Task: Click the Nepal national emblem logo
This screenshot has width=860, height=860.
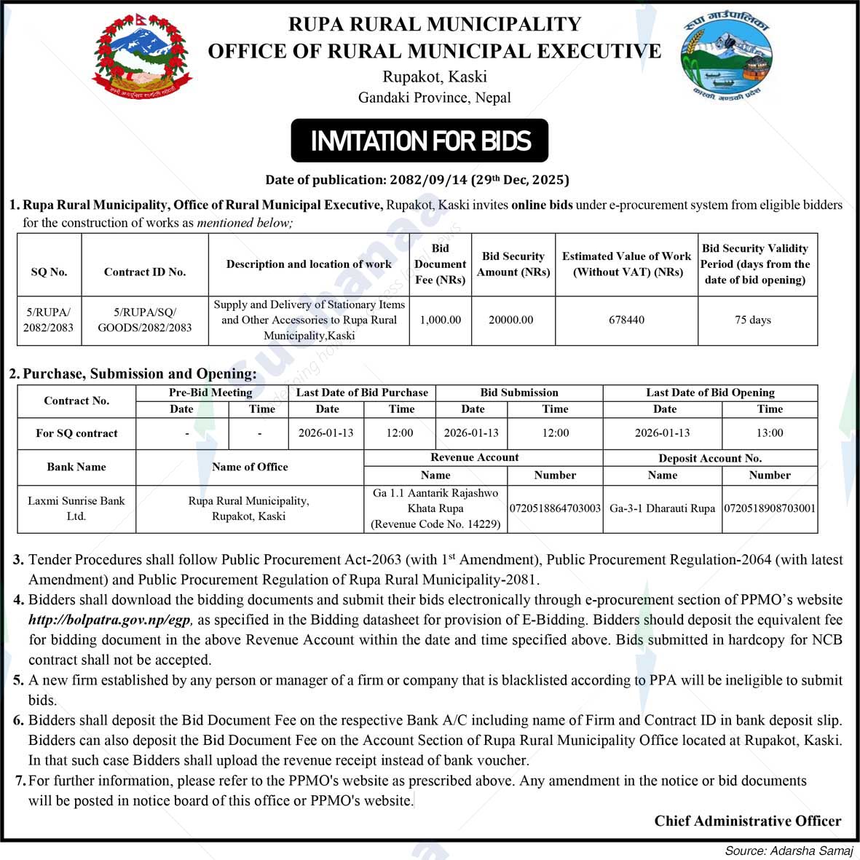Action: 142,57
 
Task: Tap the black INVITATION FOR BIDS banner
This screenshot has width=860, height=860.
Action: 419,141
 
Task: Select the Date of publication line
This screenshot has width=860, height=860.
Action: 417,180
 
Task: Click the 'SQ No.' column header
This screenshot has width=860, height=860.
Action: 49,272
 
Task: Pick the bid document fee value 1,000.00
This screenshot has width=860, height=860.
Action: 440,320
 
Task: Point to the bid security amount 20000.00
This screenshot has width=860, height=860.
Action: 511,320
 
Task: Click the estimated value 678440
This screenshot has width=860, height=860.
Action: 626,320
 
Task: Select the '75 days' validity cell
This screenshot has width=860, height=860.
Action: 753,320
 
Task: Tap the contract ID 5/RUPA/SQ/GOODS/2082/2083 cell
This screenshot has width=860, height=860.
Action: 145,320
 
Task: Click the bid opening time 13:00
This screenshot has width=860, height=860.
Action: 769,433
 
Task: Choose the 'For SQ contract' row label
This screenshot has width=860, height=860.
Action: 76,433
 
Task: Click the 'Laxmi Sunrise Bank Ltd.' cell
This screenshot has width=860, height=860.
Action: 76,508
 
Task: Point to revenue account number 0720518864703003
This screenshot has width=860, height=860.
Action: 555,508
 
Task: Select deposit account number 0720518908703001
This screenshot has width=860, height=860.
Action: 769,508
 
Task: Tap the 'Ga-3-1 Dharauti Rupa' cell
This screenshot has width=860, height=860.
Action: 662,508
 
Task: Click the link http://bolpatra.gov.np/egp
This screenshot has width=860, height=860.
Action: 110,620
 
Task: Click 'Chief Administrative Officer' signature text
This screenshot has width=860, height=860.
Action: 747,821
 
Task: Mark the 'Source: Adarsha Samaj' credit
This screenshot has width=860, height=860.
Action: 789,851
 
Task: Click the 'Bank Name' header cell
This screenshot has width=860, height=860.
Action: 76,467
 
